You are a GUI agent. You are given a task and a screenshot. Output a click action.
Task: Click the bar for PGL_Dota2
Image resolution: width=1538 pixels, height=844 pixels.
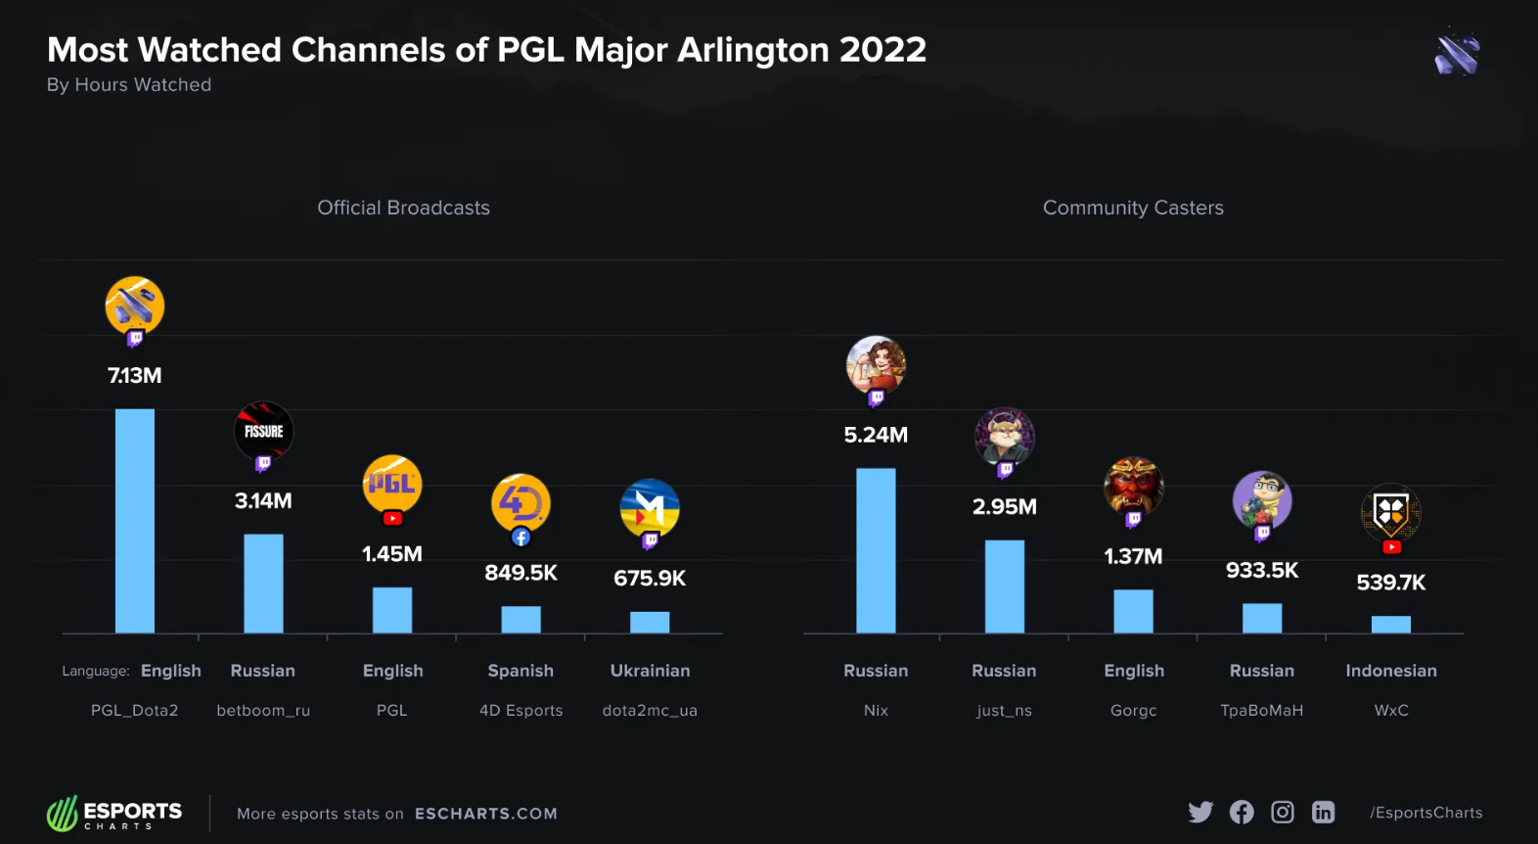click(135, 521)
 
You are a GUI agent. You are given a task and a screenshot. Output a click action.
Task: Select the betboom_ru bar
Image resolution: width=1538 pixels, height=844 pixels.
click(263, 584)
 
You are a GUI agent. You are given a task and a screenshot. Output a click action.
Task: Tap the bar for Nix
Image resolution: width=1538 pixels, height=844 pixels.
click(876, 550)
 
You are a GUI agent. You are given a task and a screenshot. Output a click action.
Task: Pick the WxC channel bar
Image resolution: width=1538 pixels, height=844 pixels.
click(1390, 625)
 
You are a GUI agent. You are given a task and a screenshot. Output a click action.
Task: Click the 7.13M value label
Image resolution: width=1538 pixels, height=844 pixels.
click(135, 375)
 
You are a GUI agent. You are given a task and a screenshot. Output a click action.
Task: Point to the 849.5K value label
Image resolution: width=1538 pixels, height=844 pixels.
click(520, 573)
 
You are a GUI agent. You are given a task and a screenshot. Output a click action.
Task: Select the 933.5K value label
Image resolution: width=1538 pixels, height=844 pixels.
click(1262, 570)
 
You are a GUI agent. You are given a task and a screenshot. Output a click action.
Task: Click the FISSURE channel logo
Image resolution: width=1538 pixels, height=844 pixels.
click(263, 430)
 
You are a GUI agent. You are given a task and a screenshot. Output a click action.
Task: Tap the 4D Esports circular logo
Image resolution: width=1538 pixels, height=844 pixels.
click(520, 502)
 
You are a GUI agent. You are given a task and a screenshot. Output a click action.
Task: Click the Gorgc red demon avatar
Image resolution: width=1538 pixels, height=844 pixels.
click(1133, 485)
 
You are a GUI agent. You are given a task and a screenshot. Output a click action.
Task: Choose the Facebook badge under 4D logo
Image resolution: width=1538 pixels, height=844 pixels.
click(521, 538)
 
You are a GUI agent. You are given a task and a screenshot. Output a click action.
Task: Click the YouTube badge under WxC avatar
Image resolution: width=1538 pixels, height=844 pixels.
click(1391, 547)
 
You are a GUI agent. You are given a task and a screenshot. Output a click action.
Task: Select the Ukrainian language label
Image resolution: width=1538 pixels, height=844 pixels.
click(650, 671)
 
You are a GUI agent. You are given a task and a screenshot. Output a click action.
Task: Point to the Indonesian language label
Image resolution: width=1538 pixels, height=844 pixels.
click(1390, 671)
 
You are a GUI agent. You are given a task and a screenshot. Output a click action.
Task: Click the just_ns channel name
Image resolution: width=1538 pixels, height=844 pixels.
click(1004, 711)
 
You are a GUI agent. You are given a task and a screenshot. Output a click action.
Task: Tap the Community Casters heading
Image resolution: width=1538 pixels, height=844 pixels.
click(1133, 208)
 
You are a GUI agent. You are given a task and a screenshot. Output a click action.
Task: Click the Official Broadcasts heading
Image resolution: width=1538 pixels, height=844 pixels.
click(403, 208)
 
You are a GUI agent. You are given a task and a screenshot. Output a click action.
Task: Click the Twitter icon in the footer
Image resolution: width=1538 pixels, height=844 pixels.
click(1200, 812)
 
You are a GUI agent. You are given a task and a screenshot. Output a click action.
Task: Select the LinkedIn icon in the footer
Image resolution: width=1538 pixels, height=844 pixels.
click(1323, 812)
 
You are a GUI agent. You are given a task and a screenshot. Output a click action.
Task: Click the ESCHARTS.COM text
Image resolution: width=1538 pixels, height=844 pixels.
click(485, 814)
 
